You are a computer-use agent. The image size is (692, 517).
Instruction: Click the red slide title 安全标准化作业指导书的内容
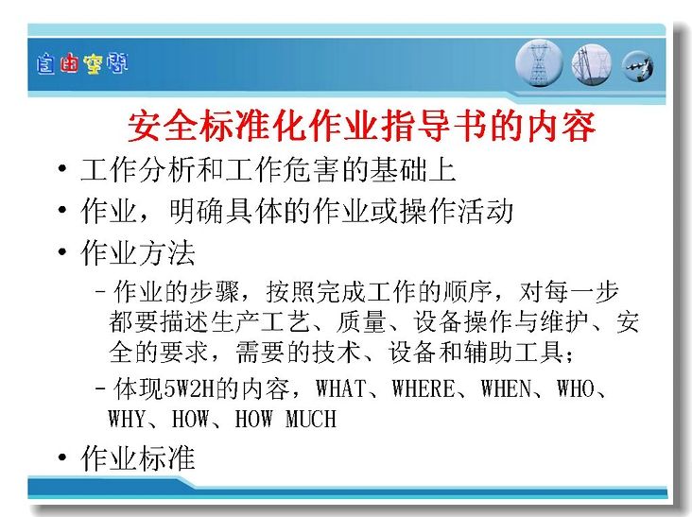click(362, 126)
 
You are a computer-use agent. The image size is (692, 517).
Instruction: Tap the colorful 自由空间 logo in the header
click(82, 64)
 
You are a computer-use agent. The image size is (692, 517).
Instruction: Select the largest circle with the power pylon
click(539, 63)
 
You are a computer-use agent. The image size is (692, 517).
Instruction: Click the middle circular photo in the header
click(592, 64)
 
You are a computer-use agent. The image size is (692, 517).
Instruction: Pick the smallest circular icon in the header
click(638, 66)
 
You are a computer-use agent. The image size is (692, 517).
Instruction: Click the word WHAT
click(340, 388)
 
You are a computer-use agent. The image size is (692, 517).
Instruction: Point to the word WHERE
click(424, 388)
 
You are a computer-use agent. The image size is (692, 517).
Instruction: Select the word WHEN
click(506, 388)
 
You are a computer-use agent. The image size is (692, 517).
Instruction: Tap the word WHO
click(575, 388)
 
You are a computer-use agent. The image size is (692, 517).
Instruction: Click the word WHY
click(127, 419)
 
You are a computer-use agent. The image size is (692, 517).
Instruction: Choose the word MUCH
click(311, 419)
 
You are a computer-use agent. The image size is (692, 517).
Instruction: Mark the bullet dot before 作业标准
click(62, 457)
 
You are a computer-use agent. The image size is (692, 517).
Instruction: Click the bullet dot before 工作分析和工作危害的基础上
click(62, 168)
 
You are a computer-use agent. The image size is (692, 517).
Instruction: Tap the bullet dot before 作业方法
click(62, 251)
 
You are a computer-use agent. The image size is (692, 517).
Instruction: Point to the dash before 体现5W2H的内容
click(100, 389)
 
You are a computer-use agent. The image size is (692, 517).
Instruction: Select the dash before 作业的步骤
click(100, 291)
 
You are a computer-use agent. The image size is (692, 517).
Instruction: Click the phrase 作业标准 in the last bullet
click(138, 457)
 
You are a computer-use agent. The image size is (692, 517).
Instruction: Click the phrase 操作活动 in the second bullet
click(456, 211)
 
